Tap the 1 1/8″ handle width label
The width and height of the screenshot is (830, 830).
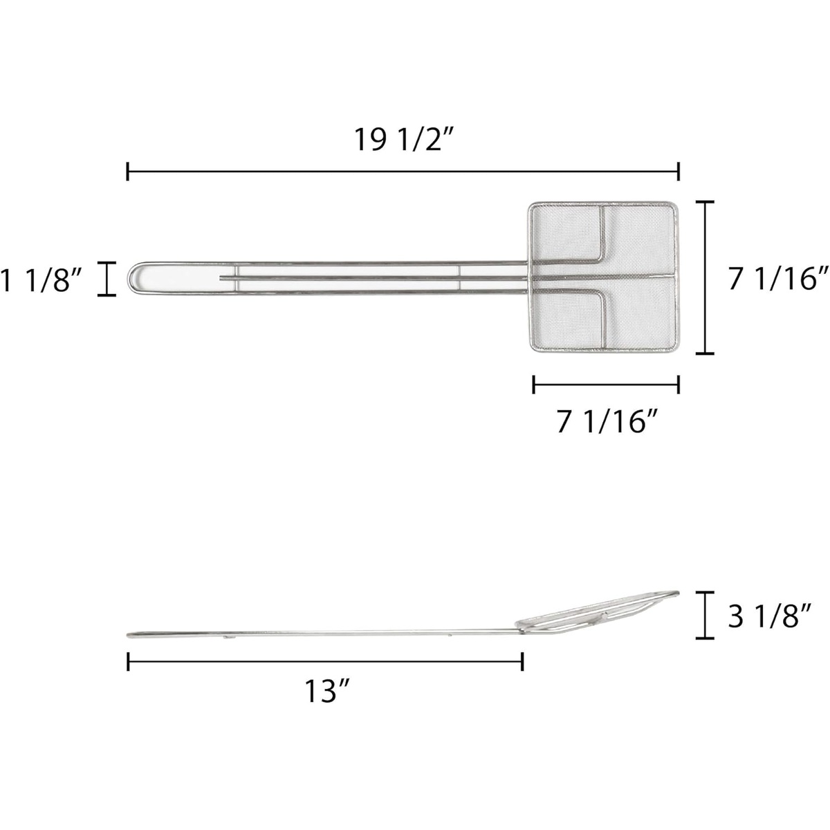pyautogui.click(x=42, y=279)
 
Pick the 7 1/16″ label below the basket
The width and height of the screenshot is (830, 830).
pyautogui.click(x=606, y=421)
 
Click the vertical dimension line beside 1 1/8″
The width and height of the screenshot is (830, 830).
pyautogui.click(x=107, y=279)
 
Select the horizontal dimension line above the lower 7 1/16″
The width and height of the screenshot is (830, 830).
pyautogui.click(x=606, y=385)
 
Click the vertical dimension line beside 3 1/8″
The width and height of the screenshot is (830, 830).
pyautogui.click(x=705, y=615)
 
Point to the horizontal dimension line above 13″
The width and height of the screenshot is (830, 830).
pyautogui.click(x=325, y=662)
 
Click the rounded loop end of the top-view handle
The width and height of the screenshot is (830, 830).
pyautogui.click(x=133, y=278)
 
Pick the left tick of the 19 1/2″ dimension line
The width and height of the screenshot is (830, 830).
pyautogui.click(x=128, y=172)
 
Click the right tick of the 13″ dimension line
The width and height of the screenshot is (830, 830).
pyautogui.click(x=522, y=662)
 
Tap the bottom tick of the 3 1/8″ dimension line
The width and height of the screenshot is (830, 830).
pyautogui.click(x=705, y=638)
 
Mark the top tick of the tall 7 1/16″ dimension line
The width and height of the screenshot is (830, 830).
pyautogui.click(x=705, y=202)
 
